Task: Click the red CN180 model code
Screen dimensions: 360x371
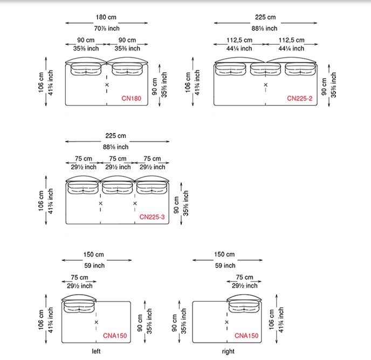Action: pyautogui.click(x=131, y=99)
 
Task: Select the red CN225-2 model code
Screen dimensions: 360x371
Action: pyautogui.click(x=299, y=99)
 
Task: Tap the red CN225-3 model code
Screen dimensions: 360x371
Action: pyautogui.click(x=152, y=217)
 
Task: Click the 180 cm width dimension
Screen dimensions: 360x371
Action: pyautogui.click(x=106, y=18)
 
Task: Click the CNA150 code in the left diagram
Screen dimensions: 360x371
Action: pyautogui.click(x=115, y=336)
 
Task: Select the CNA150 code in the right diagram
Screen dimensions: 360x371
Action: pyautogui.click(x=246, y=336)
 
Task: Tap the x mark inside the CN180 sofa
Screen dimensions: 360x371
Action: pyautogui.click(x=107, y=85)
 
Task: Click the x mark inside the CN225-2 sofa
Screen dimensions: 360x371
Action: pyautogui.click(x=265, y=85)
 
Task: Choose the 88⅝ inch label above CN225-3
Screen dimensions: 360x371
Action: pyautogui.click(x=116, y=147)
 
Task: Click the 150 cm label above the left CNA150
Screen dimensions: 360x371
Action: pyautogui.click(x=94, y=254)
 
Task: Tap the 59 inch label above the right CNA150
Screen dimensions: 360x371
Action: pyautogui.click(x=225, y=265)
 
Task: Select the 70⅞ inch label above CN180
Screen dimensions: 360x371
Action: pyautogui.click(x=107, y=29)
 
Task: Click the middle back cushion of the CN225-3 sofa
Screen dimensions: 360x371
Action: pyautogui.click(x=117, y=187)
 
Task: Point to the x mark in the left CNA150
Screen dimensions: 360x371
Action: pyautogui.click(x=97, y=322)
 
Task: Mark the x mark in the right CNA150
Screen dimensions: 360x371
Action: pyautogui.click(x=226, y=322)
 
